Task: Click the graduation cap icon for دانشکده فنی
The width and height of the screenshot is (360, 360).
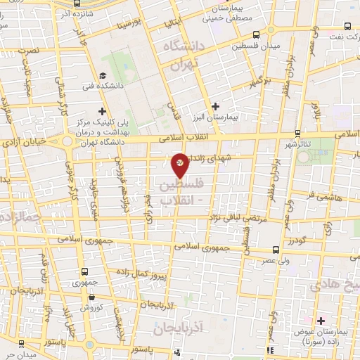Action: pyautogui.click(x=103, y=75)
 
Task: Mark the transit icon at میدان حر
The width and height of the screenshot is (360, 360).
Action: pyautogui.click(x=21, y=343)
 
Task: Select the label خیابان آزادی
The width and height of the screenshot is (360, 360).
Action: pyautogui.click(x=25, y=141)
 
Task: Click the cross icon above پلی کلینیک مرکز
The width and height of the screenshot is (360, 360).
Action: pyautogui.click(x=103, y=110)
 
